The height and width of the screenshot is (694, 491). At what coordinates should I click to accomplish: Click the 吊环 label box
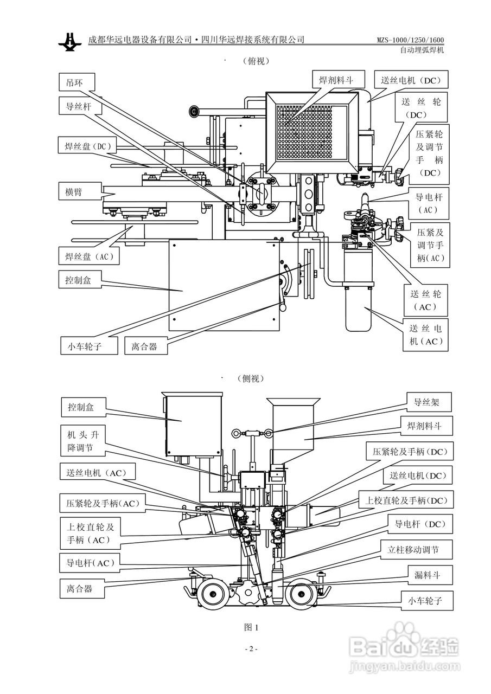[x=77, y=82]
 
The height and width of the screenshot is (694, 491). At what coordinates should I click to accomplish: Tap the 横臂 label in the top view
[x=80, y=191]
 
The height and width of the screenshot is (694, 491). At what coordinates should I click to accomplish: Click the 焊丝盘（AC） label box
[x=89, y=256]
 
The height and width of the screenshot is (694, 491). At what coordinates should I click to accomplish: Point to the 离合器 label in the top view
[x=146, y=346]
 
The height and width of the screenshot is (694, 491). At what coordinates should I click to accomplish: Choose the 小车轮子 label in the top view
[x=89, y=346]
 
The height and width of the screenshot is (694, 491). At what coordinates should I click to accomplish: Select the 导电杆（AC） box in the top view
[x=429, y=203]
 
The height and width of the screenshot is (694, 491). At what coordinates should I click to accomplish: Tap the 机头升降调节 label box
[x=84, y=441]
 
